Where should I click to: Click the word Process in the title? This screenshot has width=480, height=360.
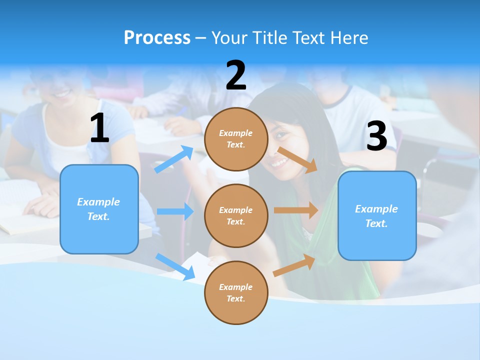pyautogui.click(x=157, y=37)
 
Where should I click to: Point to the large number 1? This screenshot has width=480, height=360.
pyautogui.click(x=99, y=128)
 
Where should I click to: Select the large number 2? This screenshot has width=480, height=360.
pyautogui.click(x=236, y=75)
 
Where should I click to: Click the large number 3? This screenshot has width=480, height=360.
pyautogui.click(x=376, y=136)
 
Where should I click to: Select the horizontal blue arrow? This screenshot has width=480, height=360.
pyautogui.click(x=175, y=211)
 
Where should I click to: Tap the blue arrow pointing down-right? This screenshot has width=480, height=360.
pyautogui.click(x=175, y=266)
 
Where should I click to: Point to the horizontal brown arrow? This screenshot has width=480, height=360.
pyautogui.click(x=296, y=210)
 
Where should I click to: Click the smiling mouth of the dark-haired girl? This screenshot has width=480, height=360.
pyautogui.click(x=280, y=162)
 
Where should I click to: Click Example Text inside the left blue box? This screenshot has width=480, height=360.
pyautogui.click(x=98, y=209)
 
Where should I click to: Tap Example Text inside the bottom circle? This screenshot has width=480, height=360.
pyautogui.click(x=235, y=292)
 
